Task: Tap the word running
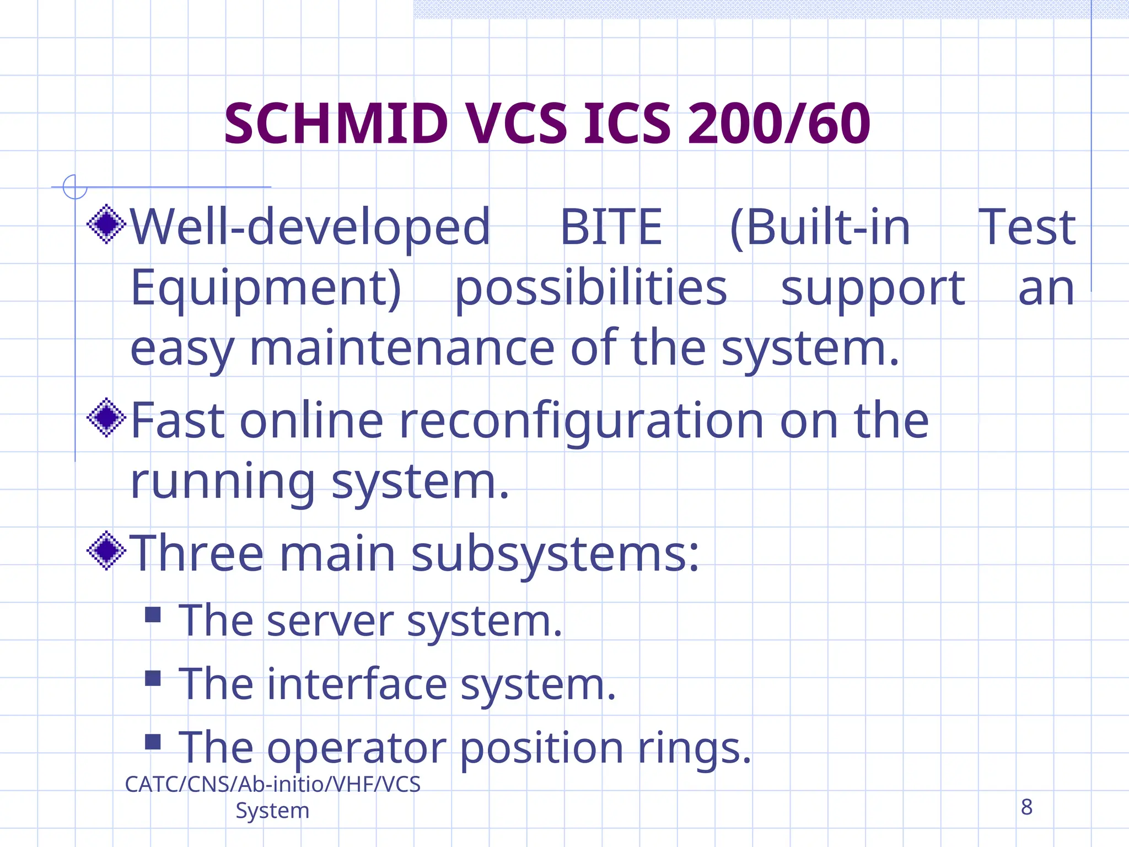(x=222, y=482)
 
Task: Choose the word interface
(x=357, y=684)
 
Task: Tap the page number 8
(x=1026, y=807)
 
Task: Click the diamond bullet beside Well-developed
(x=106, y=224)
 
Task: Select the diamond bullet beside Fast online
(x=106, y=417)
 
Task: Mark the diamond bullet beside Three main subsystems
(x=106, y=550)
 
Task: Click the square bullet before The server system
(x=153, y=614)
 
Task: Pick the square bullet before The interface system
(x=153, y=678)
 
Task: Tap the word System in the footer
(x=272, y=811)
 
